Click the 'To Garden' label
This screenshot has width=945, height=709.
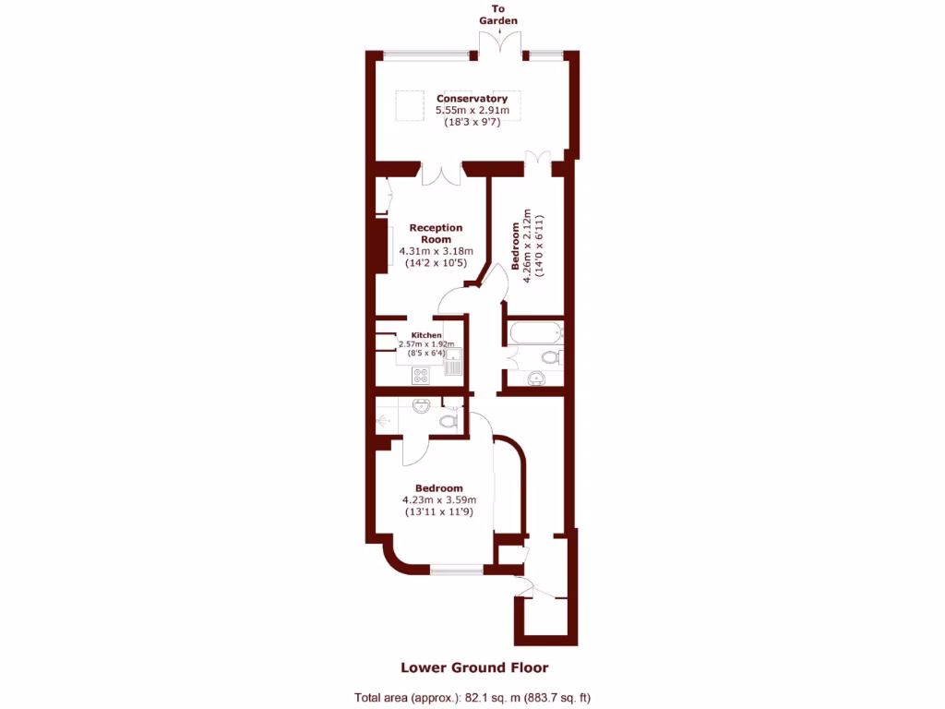498,15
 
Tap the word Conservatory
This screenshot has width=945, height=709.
472,98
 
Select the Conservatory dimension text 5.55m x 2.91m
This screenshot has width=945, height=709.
472,110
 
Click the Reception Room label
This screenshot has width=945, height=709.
436,234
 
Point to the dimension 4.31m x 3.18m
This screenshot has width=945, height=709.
436,251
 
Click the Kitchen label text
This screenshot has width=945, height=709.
425,335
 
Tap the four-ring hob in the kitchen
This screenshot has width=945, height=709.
422,375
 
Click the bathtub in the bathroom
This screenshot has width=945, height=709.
533,333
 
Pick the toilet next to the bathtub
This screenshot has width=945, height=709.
551,357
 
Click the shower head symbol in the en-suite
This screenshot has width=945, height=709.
384,418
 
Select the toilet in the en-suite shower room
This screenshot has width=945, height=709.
449,421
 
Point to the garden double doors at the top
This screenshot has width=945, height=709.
499,44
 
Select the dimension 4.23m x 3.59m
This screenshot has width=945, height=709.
437,500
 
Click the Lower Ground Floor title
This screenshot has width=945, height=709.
473,667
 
